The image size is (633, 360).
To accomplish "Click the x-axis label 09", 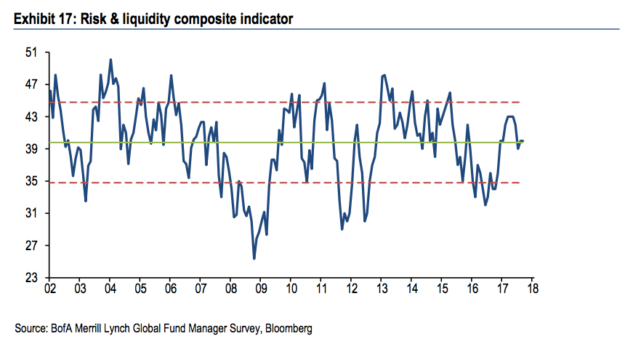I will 260,289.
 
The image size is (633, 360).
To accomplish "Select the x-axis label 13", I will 380,289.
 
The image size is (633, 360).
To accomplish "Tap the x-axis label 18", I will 531,289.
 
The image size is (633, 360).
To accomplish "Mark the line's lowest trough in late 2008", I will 254,258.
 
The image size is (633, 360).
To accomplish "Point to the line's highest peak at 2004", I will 110,60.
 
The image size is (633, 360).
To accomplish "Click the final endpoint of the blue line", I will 523,140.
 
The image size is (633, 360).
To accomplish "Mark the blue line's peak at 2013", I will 384,75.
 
